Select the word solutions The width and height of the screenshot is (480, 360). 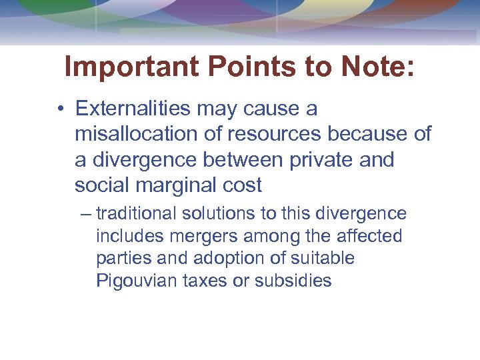pyautogui.click(x=215, y=214)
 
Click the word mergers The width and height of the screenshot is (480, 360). pyautogui.click(x=197, y=236)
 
